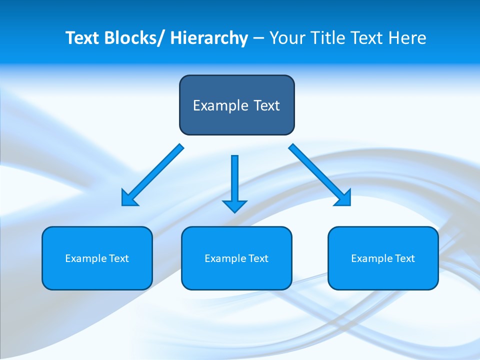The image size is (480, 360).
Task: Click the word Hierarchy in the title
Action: pyautogui.click(x=209, y=38)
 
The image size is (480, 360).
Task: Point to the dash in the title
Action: pyautogui.click(x=258, y=38)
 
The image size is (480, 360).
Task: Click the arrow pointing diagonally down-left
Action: pyautogui.click(x=155, y=173)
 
